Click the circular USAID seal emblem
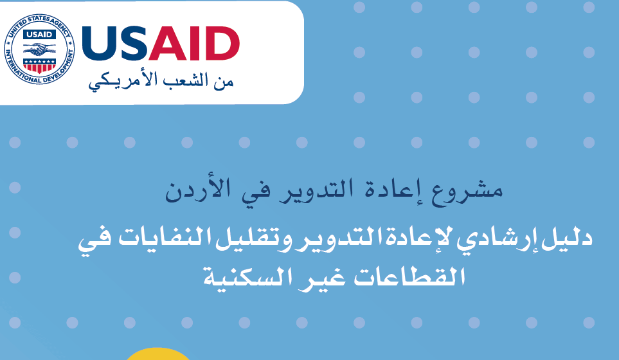(x=39, y=50)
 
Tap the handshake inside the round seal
(x=39, y=50)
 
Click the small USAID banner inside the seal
(x=39, y=35)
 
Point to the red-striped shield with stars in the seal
(x=39, y=66)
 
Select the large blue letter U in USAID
(x=96, y=44)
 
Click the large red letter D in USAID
(x=224, y=44)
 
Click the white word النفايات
(x=163, y=239)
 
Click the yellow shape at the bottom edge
(x=158, y=354)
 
